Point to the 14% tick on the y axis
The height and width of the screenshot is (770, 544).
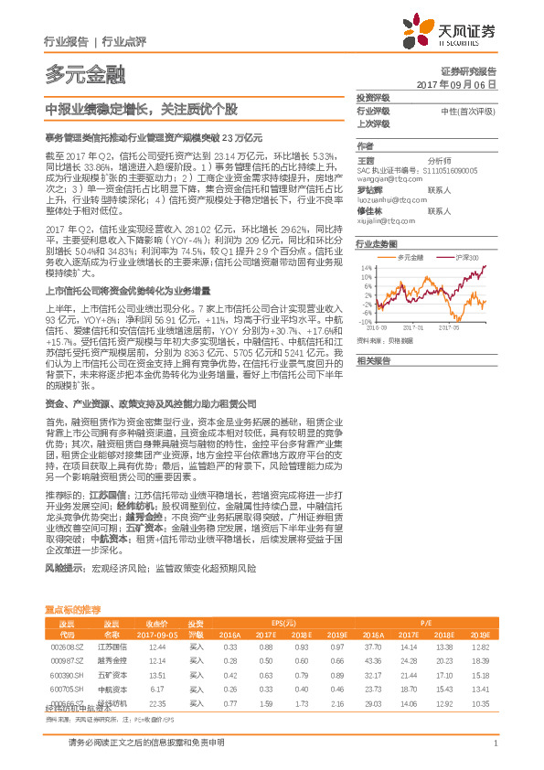pyautogui.click(x=366, y=268)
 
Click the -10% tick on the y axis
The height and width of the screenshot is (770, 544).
pyautogui.click(x=365, y=321)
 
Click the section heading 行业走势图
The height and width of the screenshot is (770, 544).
pyautogui.click(x=376, y=245)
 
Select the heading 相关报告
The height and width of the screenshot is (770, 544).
pyautogui.click(x=373, y=361)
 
